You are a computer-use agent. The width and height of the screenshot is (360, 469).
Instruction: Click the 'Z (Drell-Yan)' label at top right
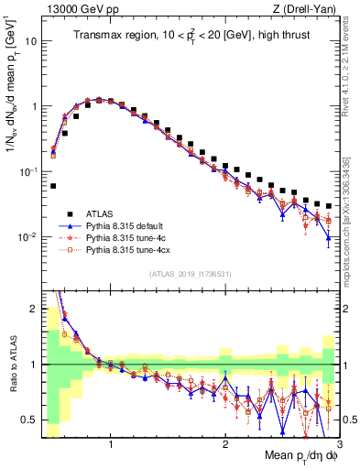pos(306,9)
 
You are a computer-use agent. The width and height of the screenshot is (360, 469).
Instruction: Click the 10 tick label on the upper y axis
pos(31,41)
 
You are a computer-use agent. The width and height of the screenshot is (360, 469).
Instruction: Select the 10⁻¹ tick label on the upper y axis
pos(29,171)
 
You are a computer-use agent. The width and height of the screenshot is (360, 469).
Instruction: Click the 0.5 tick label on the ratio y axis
pos(29,420)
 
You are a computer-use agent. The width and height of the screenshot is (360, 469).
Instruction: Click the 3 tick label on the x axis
pos(338,444)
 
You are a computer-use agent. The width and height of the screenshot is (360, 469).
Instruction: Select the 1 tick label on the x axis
pos(111,444)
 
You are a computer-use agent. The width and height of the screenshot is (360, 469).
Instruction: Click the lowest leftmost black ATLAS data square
pos(53,185)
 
